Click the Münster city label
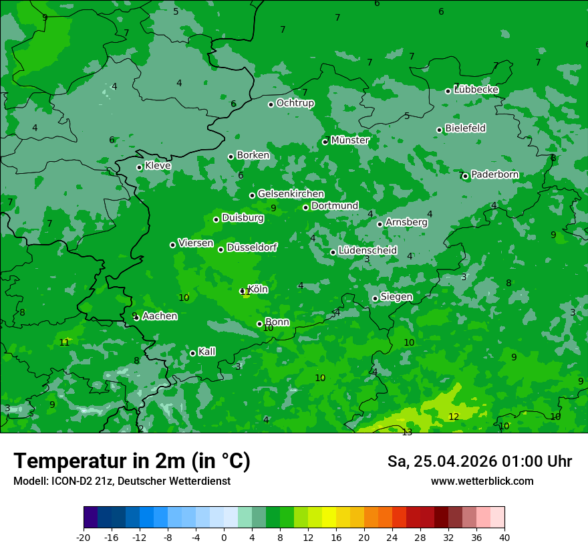point(349,140)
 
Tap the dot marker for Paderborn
point(466,176)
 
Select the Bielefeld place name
point(465,128)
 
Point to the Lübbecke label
point(476,90)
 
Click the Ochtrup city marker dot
point(271,104)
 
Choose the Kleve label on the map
point(158,166)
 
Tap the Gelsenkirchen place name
point(291,194)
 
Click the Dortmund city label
point(335,206)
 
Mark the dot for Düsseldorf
point(221,249)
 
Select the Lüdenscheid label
point(367,251)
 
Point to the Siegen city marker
point(376,298)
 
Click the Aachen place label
point(160,316)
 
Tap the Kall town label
point(206,352)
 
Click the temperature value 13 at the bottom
point(407,433)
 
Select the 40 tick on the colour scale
point(504,537)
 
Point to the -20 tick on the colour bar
point(84,537)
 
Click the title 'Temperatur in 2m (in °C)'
point(132,461)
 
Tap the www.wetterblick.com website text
point(482,481)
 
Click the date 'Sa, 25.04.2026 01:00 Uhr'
point(479,461)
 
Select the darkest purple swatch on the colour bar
point(91,518)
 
